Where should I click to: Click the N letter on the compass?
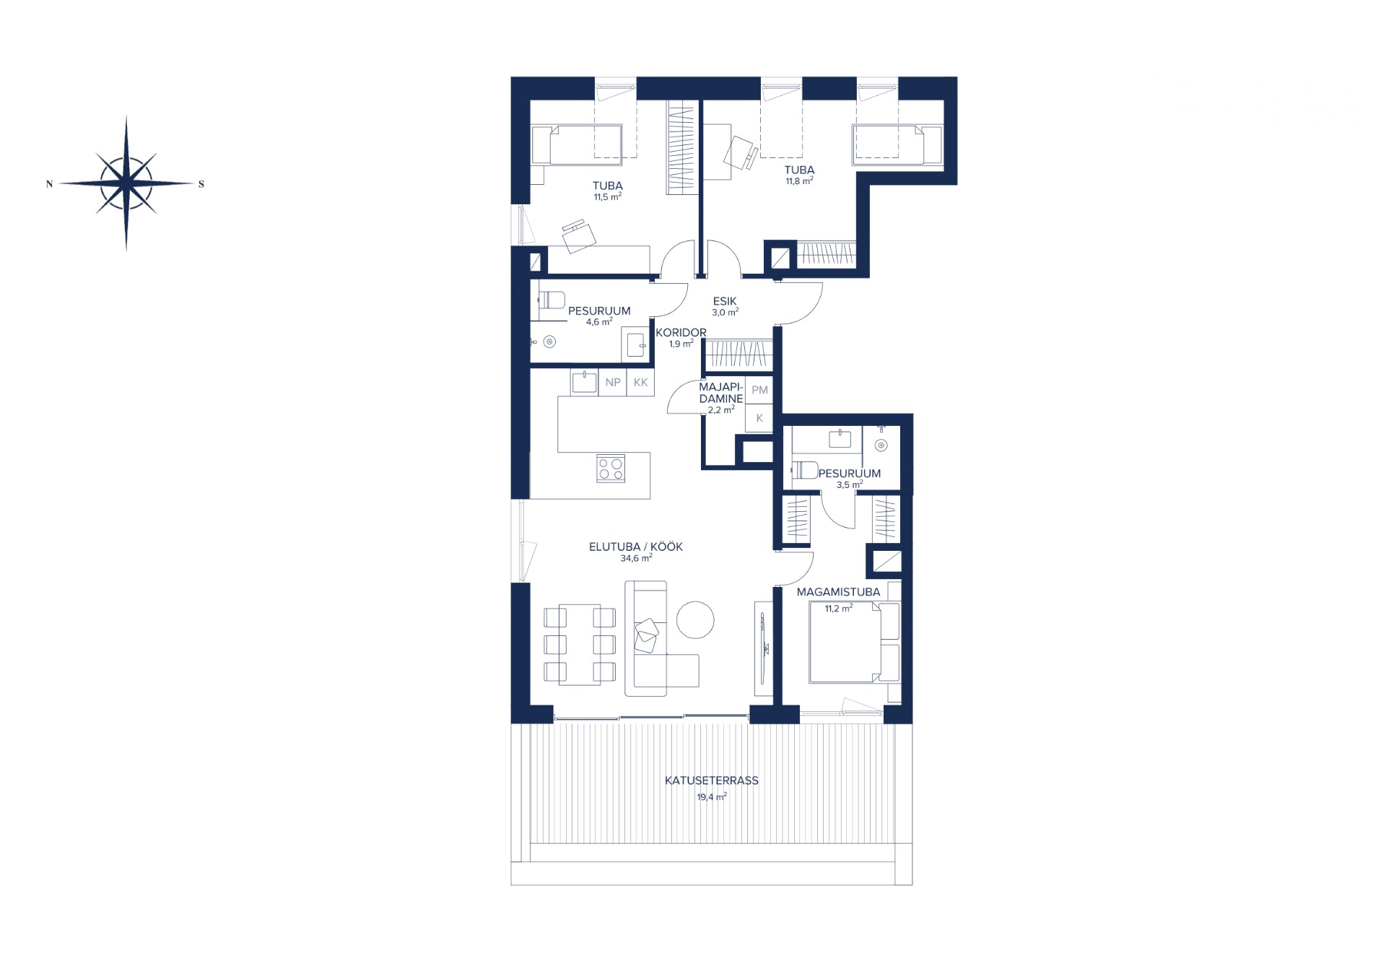(49, 184)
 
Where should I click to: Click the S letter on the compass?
(201, 184)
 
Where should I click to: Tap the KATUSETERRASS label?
(711, 780)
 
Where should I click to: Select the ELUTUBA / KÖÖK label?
(636, 547)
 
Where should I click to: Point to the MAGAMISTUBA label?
(838, 592)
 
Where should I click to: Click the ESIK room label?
(725, 301)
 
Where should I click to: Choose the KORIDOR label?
(681, 333)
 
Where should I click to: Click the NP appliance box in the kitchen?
(613, 383)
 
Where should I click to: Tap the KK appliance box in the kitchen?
(641, 383)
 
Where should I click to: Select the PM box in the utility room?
(759, 390)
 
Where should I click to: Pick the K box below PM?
(759, 418)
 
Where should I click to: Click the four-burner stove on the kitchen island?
(611, 469)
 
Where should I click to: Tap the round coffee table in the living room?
(696, 619)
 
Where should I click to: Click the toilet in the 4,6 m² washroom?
(552, 300)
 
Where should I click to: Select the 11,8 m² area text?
(799, 181)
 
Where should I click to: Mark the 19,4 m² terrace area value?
(712, 797)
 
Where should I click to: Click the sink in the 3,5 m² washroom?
(840, 438)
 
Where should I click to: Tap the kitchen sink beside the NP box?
(584, 382)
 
